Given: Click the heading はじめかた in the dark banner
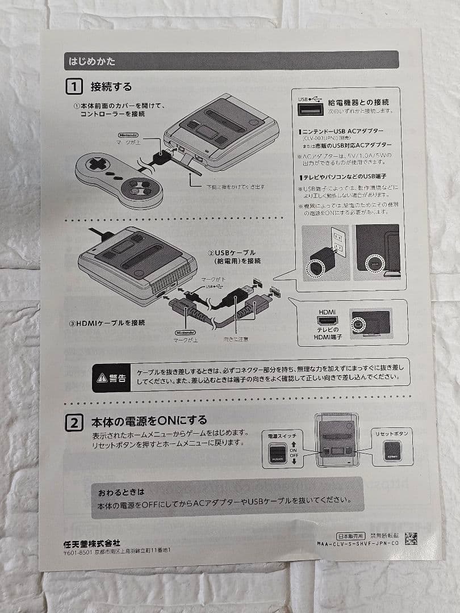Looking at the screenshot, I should click(92, 61).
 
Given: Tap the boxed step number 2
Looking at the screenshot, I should click(74, 423).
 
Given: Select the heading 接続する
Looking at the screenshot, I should click(111, 87).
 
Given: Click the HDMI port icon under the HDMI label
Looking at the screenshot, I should click(328, 322).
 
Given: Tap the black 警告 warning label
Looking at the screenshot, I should click(111, 377).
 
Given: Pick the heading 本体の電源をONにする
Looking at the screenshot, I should click(149, 421).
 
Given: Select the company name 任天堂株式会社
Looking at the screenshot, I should click(92, 543).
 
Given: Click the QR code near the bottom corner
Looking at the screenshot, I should click(411, 538).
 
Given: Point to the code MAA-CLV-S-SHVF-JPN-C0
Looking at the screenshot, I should click(358, 543).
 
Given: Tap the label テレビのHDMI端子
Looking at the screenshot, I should click(328, 334).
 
